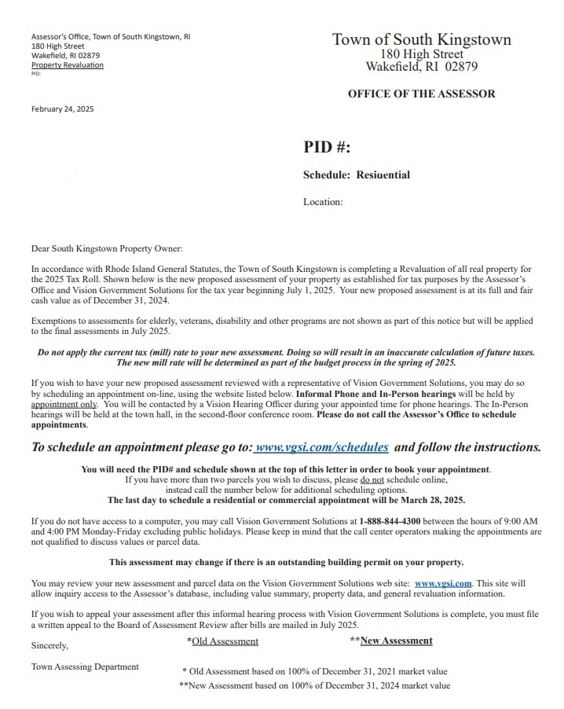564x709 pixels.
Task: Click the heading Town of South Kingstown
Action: (x=421, y=40)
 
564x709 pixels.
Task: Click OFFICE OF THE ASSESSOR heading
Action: (x=421, y=94)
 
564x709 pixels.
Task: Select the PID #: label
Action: (x=327, y=147)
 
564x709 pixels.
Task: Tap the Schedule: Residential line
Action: (x=357, y=174)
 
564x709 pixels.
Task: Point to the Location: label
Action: (x=323, y=202)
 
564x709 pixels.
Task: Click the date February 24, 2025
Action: (x=62, y=109)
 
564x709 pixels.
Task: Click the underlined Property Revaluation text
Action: (x=67, y=65)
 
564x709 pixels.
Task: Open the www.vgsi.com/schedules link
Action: (x=321, y=447)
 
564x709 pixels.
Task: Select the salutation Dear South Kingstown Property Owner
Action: (x=106, y=249)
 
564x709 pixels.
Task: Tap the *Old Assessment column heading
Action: (x=222, y=641)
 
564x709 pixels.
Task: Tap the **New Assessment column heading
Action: (x=391, y=641)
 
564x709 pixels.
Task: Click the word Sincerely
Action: (x=49, y=645)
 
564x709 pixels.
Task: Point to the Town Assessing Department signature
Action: (x=85, y=667)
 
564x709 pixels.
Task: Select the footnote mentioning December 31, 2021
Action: (x=315, y=671)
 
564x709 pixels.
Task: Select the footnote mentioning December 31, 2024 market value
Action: (x=315, y=685)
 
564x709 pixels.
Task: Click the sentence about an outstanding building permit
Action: (x=286, y=562)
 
